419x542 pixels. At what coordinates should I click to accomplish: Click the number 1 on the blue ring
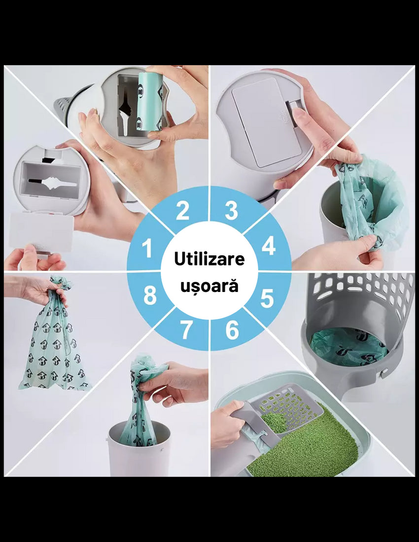pos(147,249)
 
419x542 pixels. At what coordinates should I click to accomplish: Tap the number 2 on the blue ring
pos(182,211)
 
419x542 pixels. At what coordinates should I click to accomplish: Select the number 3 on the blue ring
pos(231,211)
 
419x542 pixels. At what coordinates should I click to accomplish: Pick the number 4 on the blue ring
pos(268,247)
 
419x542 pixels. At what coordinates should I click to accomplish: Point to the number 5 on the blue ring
pos(267,298)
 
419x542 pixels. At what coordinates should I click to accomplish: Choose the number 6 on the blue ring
pos(232,330)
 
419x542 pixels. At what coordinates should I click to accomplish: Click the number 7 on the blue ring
pos(186,330)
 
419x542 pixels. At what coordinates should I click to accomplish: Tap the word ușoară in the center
pos(209,287)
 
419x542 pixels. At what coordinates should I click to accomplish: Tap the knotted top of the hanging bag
pos(61,284)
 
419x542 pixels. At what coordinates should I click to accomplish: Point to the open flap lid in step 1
pos(41,232)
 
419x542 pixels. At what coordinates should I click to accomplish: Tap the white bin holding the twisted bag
pos(139,450)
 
